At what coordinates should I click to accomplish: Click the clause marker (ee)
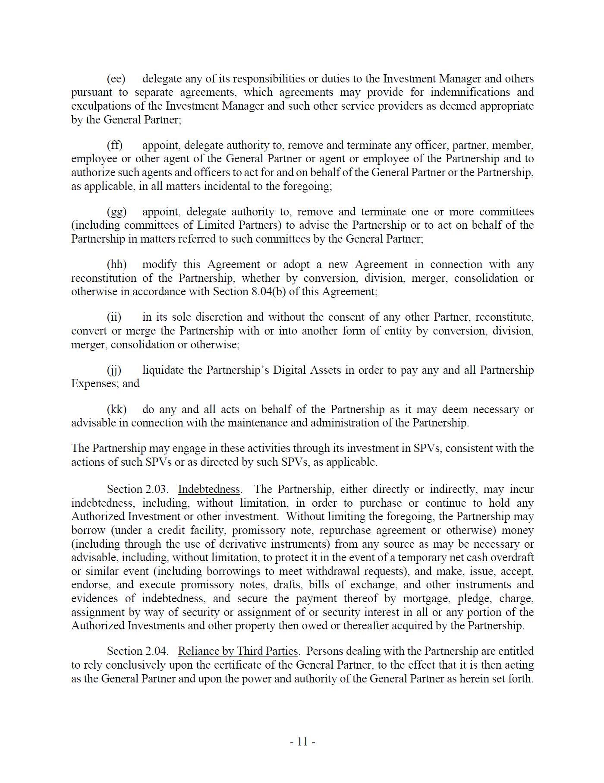[116, 79]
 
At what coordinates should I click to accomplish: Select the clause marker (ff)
[115, 145]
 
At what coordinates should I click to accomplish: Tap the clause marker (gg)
[116, 212]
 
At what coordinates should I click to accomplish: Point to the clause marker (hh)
[116, 265]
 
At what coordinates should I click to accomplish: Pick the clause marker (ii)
[114, 317]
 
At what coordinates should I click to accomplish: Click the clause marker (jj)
[114, 370]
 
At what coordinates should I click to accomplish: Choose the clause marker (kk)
[116, 409]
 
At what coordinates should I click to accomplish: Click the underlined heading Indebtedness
[209, 489]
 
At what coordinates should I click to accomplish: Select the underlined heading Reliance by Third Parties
[238, 651]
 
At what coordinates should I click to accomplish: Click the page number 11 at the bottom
[302, 742]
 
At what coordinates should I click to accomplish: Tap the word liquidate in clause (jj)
[163, 370]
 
